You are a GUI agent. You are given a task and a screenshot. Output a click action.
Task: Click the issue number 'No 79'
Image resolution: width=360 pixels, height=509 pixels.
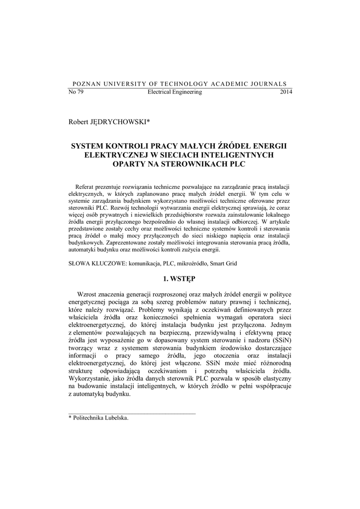click(x=75, y=92)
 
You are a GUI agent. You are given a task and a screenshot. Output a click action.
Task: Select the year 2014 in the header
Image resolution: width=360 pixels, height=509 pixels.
click(x=286, y=92)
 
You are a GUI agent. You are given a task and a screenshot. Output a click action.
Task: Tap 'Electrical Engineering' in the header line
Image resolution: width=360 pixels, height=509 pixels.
click(x=175, y=92)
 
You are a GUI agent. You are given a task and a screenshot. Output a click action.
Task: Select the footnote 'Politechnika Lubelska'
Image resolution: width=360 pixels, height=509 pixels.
click(x=100, y=418)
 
